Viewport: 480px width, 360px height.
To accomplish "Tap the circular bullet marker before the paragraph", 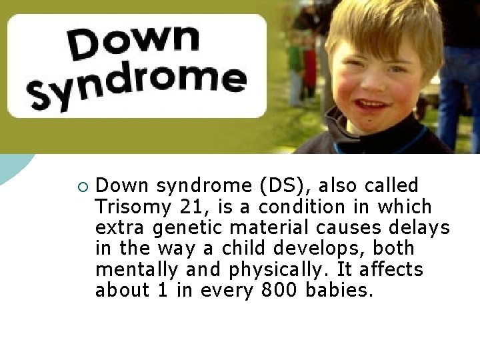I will point(81,185).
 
